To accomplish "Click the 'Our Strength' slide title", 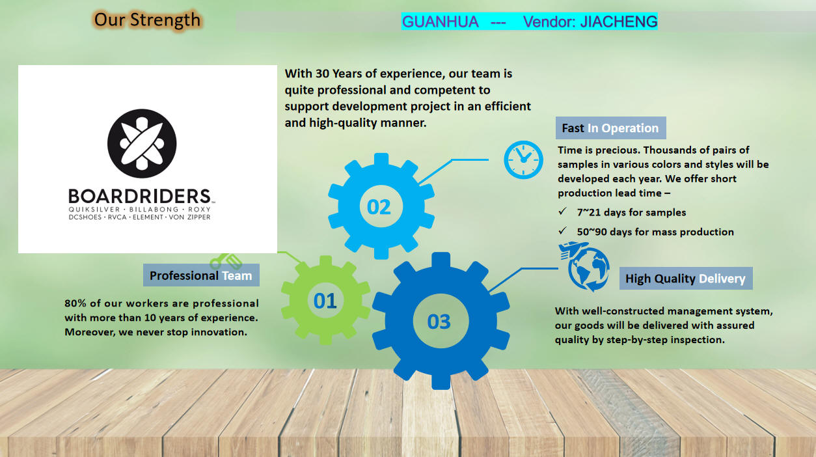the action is [147, 20].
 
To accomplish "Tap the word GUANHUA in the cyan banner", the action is [440, 22].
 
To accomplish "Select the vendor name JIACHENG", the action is [619, 22].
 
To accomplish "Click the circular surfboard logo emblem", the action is [142, 143].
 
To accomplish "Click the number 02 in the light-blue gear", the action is [379, 207].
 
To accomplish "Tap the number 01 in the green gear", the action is [325, 301].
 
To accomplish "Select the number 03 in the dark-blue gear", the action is [439, 322].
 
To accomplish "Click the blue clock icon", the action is [523, 159].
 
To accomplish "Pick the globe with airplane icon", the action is [585, 266].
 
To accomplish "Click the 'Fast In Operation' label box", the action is [610, 128].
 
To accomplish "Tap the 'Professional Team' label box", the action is [201, 275].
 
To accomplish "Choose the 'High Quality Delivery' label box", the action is [686, 279].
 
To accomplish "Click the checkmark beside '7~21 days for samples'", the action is [563, 212].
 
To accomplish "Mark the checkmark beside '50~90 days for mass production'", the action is [563, 230].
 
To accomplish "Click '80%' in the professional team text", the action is [75, 303].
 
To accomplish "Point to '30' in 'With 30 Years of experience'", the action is [322, 74].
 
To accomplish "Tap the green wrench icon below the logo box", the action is [226, 261].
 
